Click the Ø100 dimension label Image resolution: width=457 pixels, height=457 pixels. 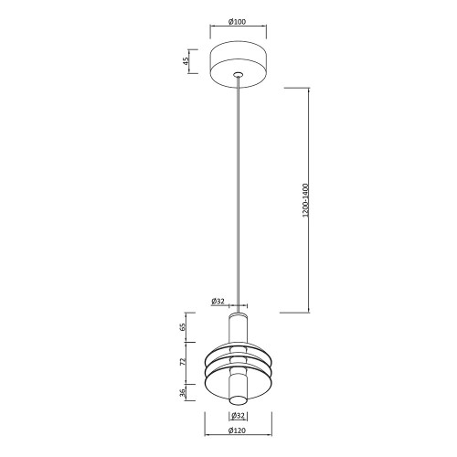point(237,22)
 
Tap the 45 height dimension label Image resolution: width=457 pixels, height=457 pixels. point(186,61)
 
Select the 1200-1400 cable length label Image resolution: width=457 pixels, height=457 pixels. point(306,200)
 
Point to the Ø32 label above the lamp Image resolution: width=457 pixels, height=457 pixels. point(218,302)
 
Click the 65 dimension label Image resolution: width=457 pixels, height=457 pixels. point(183,327)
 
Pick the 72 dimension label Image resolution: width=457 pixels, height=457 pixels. point(183,362)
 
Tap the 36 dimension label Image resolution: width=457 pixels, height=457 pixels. point(183,393)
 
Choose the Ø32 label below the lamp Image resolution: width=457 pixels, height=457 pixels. point(238,415)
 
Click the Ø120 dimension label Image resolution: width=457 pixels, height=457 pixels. point(237,430)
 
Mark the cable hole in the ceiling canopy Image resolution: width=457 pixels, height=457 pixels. point(238,74)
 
